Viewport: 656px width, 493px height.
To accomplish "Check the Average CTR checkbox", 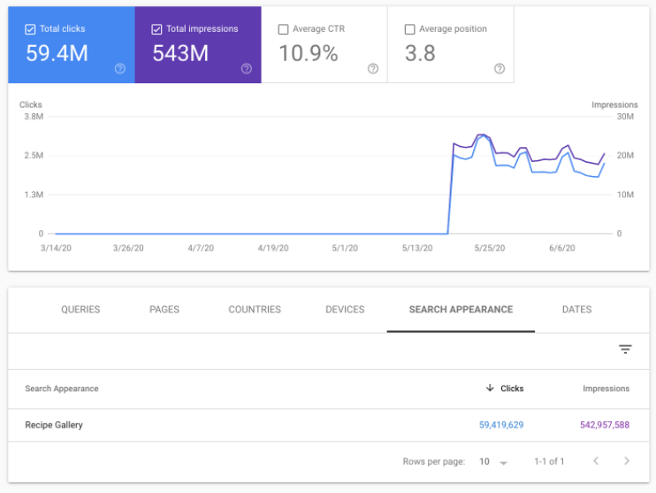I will click(x=283, y=29).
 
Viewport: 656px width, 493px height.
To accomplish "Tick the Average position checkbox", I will click(x=409, y=29).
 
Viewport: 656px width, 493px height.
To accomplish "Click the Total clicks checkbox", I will click(x=30, y=29).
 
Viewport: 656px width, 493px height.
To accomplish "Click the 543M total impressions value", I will click(x=180, y=53).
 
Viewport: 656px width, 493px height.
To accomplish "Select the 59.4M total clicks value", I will click(x=57, y=53).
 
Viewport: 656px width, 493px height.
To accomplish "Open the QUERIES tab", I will click(x=80, y=310).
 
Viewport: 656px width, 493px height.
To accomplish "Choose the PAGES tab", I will click(x=164, y=310).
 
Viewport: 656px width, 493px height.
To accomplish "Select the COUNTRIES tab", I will click(x=255, y=310).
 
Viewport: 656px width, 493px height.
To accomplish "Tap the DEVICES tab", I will click(x=345, y=310).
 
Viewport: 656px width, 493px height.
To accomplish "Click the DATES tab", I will click(x=576, y=310).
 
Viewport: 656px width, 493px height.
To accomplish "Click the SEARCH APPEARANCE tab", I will click(x=461, y=310).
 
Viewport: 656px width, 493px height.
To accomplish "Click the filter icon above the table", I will click(x=625, y=350).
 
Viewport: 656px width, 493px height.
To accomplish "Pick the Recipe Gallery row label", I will click(x=54, y=425).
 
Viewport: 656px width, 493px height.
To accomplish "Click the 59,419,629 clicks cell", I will click(x=501, y=425).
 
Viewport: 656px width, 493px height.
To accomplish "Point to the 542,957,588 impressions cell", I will click(x=605, y=425).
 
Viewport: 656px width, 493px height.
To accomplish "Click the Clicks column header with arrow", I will click(x=505, y=389).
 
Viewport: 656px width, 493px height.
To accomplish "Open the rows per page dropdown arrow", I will click(x=503, y=462).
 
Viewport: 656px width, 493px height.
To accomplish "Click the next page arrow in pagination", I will click(x=626, y=461).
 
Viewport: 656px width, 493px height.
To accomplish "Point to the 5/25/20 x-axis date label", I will click(x=489, y=249).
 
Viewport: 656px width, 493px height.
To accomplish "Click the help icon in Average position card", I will click(x=500, y=68).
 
